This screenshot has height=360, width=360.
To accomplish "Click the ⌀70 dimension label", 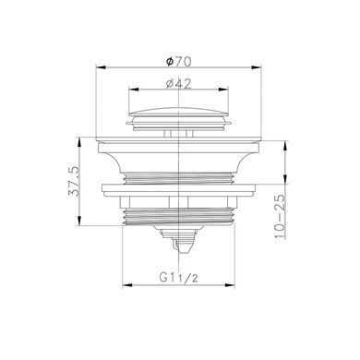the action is (178, 62).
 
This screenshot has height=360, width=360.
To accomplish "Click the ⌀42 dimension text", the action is (178, 84).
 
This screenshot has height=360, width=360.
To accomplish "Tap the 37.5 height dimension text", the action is (74, 182).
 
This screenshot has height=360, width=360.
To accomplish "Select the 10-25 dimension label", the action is (280, 217).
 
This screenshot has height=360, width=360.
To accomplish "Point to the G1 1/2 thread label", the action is (178, 278).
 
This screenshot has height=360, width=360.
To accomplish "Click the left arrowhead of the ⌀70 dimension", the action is (101, 66).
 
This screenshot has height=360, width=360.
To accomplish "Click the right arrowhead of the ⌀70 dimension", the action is (257, 66).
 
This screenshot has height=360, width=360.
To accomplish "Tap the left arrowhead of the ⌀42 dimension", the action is (134, 90).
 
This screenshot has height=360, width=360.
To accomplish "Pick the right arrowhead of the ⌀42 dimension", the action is (223, 90).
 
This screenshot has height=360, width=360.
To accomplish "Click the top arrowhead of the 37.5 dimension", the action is (79, 142).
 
